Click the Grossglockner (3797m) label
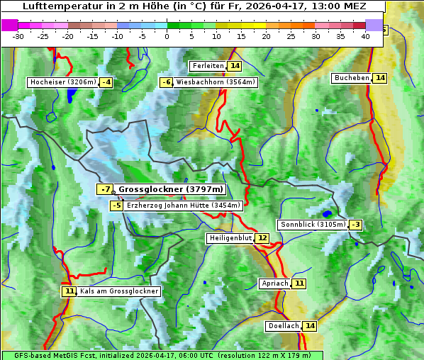(x=170, y=189)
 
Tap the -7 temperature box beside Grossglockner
(x=105, y=189)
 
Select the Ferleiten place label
(x=208, y=66)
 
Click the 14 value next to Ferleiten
(x=235, y=66)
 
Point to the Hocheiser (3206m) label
(x=62, y=82)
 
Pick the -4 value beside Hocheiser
(x=106, y=82)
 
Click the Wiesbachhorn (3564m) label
(x=216, y=82)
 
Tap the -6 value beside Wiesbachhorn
(x=167, y=82)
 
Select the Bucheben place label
(x=352, y=77)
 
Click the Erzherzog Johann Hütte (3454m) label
(x=184, y=206)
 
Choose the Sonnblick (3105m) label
(x=313, y=225)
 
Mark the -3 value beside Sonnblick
(x=356, y=225)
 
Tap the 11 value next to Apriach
(x=299, y=283)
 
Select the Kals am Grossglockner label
(x=119, y=291)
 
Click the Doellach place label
(x=284, y=326)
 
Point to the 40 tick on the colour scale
(x=365, y=36)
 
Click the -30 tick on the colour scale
(x=18, y=36)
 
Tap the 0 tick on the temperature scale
(x=167, y=36)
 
